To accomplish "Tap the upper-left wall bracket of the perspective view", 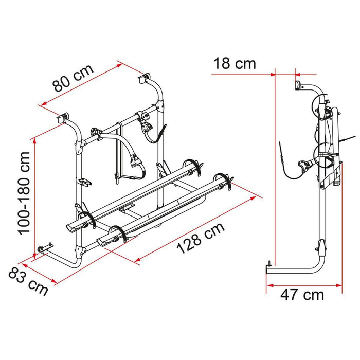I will [65, 118].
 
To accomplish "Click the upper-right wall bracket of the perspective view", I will [142, 78].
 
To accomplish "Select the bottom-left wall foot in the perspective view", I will [43, 249].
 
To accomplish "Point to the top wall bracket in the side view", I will [297, 85].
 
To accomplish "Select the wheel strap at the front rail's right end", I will [227, 179].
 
